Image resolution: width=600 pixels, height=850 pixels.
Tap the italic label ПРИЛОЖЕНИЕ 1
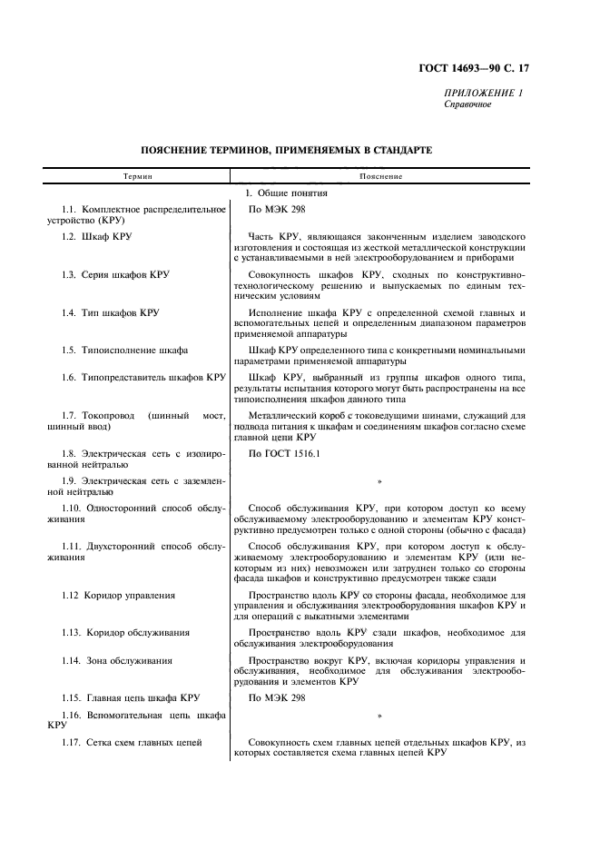click(483, 94)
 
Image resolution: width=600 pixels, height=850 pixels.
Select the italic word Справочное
click(467, 104)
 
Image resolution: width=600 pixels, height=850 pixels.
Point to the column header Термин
click(139, 176)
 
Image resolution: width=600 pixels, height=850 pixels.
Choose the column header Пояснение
click(382, 176)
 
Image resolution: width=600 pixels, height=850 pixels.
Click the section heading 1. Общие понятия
click(286, 193)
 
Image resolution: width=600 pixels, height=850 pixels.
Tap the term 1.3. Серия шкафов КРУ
click(115, 274)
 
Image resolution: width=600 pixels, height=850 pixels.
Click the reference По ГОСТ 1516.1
click(284, 452)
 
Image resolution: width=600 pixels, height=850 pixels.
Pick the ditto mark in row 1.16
click(379, 717)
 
